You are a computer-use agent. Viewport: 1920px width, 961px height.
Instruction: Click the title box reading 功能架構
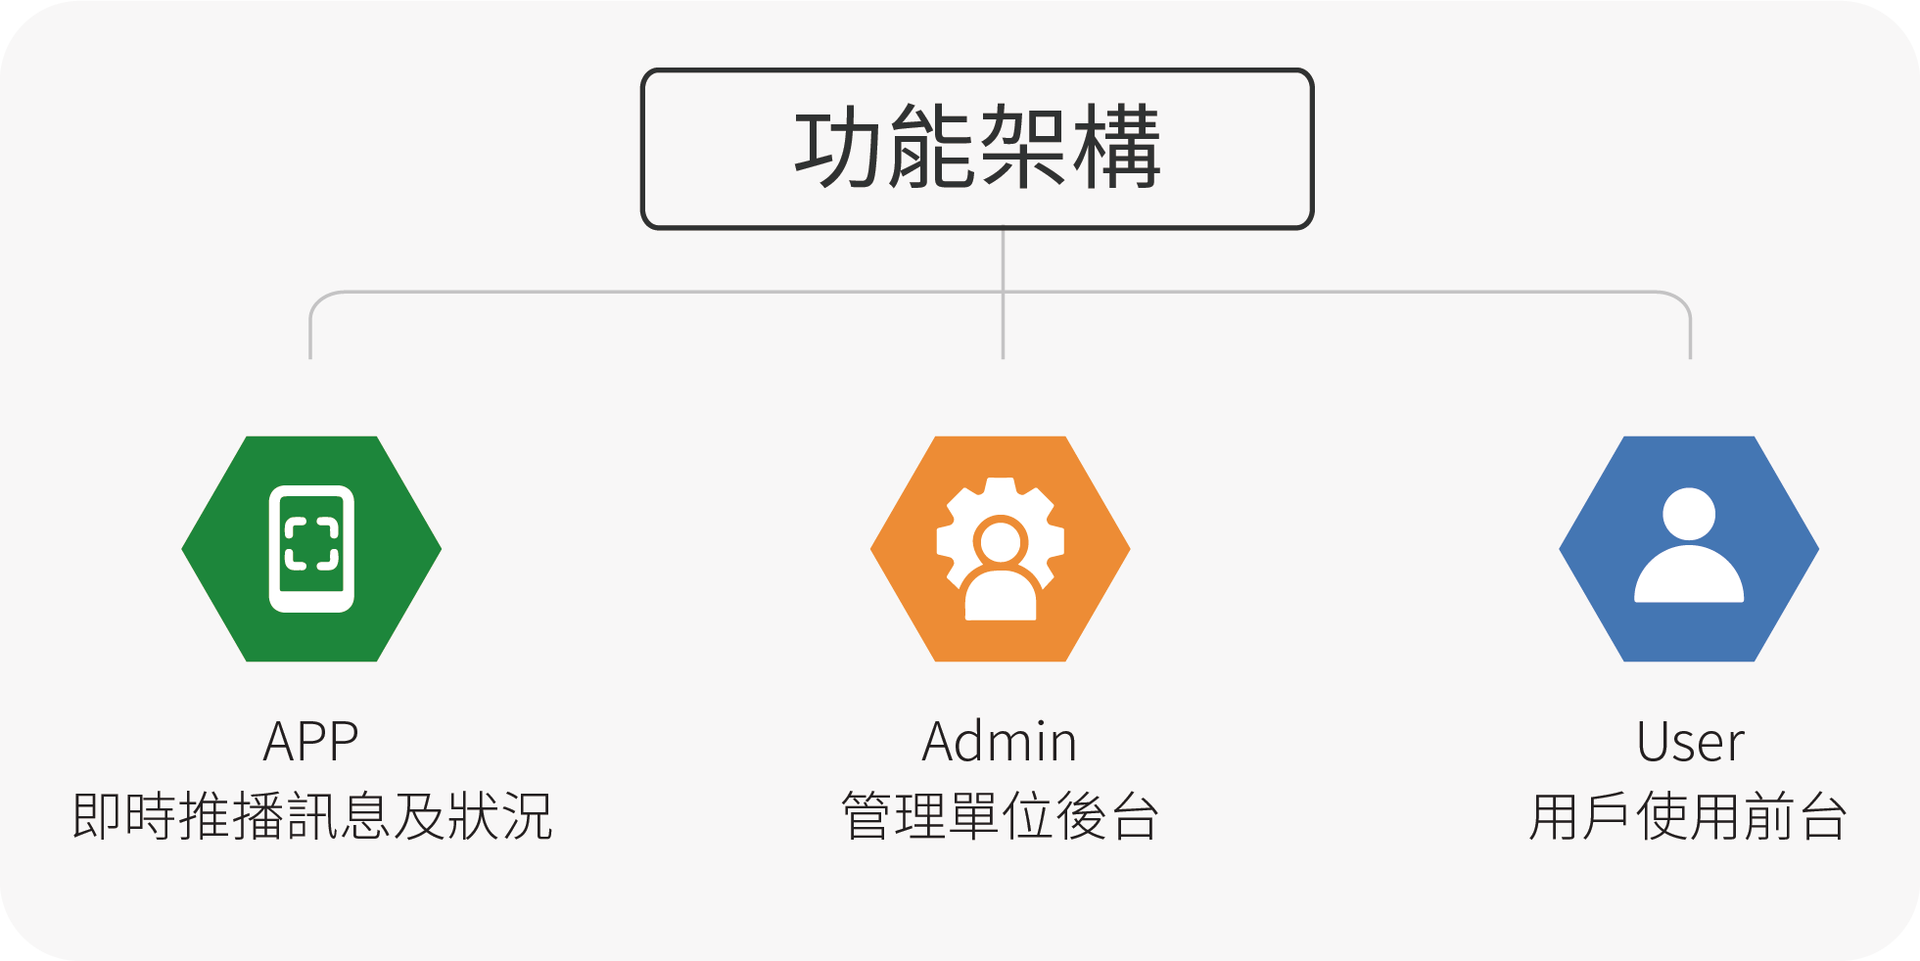click(x=977, y=149)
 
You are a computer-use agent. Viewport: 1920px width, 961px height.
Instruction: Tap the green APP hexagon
click(x=311, y=549)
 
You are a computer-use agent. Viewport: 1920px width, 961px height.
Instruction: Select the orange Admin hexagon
click(x=1001, y=549)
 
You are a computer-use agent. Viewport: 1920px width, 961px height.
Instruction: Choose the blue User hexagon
click(x=1689, y=549)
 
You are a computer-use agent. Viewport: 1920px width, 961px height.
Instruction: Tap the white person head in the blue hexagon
click(x=1689, y=513)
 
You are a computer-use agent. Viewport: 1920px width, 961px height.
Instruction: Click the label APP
click(x=311, y=741)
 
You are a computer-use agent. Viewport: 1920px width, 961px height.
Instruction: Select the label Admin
click(x=1000, y=741)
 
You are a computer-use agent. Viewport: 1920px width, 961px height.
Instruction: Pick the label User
click(x=1690, y=741)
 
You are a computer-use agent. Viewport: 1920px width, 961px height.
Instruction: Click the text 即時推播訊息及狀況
click(x=312, y=816)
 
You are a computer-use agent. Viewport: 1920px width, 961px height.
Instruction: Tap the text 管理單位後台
click(x=1001, y=816)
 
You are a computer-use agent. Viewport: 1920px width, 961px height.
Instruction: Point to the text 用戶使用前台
click(x=1688, y=816)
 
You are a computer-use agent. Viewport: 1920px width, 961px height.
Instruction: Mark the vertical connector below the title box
click(x=1003, y=294)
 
